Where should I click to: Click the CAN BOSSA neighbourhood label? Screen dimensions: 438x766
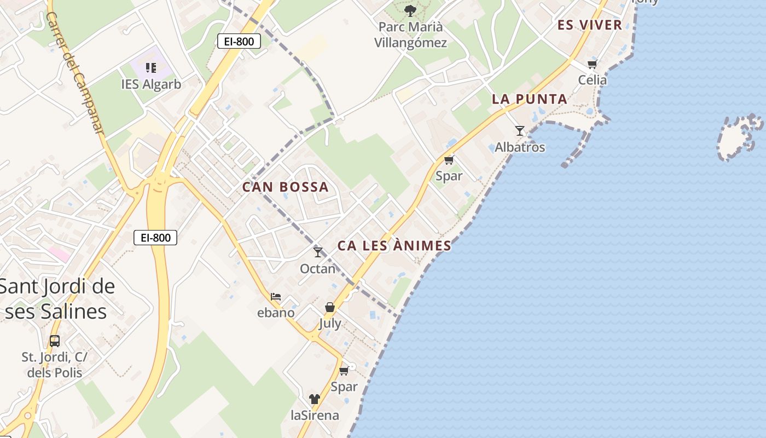pyautogui.click(x=285, y=187)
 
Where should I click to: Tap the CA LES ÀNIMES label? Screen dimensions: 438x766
pyautogui.click(x=394, y=246)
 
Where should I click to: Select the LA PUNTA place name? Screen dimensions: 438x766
pyautogui.click(x=529, y=99)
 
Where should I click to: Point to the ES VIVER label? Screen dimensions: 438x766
pyautogui.click(x=590, y=25)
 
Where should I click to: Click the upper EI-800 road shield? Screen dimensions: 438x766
pyautogui.click(x=239, y=41)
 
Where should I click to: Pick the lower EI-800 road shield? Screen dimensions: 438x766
pyautogui.click(x=155, y=238)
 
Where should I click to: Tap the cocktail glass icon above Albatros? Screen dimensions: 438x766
pyautogui.click(x=520, y=131)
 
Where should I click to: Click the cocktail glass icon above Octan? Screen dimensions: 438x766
pyautogui.click(x=318, y=252)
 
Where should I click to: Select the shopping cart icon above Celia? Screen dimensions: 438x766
pyautogui.click(x=593, y=64)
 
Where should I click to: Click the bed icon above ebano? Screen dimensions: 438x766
pyautogui.click(x=276, y=297)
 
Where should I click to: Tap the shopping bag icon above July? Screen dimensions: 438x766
pyautogui.click(x=330, y=308)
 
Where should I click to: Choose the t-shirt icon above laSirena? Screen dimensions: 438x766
pyautogui.click(x=314, y=399)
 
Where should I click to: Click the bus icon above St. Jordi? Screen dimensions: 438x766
pyautogui.click(x=55, y=341)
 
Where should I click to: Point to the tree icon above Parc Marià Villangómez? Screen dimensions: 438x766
pyautogui.click(x=410, y=10)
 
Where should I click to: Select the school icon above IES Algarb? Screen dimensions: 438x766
pyautogui.click(x=151, y=68)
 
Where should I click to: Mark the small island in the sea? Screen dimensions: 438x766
pyautogui.click(x=739, y=137)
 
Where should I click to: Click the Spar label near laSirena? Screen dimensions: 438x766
pyautogui.click(x=344, y=387)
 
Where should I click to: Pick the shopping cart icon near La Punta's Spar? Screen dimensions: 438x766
pyautogui.click(x=449, y=160)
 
